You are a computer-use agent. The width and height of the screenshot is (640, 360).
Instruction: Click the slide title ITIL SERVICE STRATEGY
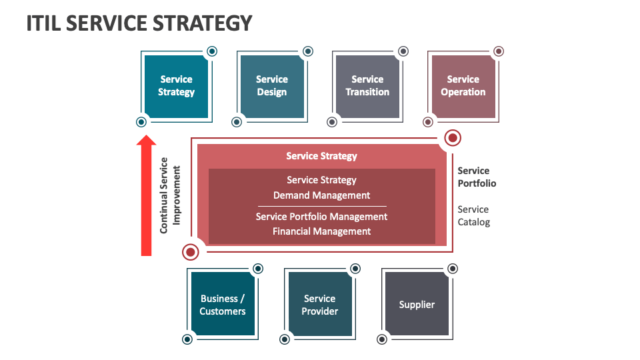(x=139, y=23)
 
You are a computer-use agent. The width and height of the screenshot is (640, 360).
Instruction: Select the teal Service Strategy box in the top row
(x=176, y=86)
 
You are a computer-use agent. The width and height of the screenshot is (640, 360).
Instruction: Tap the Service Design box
(x=272, y=86)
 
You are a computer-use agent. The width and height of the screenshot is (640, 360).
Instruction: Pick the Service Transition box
(x=367, y=86)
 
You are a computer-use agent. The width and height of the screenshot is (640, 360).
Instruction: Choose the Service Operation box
(x=463, y=86)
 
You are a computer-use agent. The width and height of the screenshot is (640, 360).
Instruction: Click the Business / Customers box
(x=223, y=305)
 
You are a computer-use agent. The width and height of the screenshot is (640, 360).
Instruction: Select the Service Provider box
(x=320, y=305)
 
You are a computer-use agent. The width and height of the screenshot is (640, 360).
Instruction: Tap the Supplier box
(x=417, y=305)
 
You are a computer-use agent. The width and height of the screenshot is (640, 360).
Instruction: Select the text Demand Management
(x=321, y=195)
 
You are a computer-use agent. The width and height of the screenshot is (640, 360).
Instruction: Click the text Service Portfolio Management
(x=321, y=217)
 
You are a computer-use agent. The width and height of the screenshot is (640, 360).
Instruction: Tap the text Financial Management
(x=321, y=231)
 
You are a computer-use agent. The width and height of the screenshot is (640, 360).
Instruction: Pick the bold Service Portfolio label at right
(x=477, y=177)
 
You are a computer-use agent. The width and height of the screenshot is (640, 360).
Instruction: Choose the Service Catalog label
(x=473, y=215)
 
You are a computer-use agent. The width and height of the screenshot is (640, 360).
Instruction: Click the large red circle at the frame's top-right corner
(x=453, y=138)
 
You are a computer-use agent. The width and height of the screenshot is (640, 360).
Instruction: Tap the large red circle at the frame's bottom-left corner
(x=191, y=252)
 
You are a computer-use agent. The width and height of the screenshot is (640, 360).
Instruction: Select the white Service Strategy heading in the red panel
(x=321, y=156)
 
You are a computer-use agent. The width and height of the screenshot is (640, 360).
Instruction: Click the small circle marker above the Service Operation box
(x=499, y=51)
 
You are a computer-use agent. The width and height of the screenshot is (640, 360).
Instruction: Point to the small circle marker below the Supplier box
(x=382, y=339)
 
